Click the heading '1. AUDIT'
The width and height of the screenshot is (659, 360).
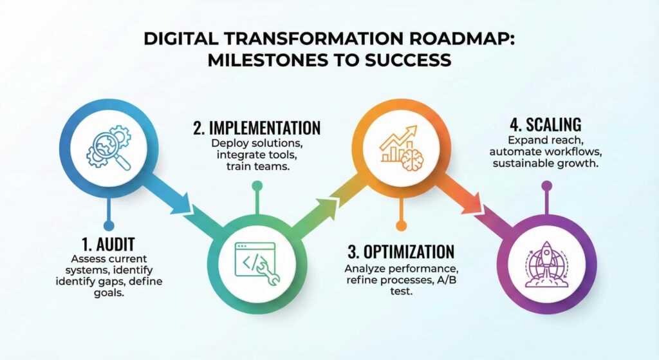108,244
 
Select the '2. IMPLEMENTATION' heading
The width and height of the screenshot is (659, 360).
257,128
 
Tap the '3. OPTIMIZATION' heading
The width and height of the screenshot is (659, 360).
401,252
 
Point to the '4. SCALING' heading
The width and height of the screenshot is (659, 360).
546,124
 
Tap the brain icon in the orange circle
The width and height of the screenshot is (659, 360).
412,159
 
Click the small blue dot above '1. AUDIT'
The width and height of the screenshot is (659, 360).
109,226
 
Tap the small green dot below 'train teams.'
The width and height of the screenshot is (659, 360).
257,186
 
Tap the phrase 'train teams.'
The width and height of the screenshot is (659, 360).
257,167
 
